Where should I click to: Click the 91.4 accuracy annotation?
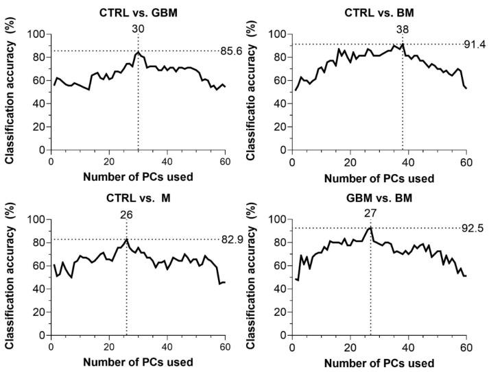(x=476, y=45)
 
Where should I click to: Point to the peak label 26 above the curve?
(x=127, y=214)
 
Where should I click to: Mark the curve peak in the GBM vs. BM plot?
(x=370, y=227)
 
